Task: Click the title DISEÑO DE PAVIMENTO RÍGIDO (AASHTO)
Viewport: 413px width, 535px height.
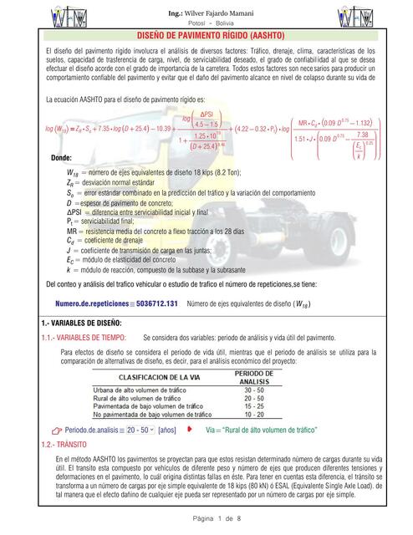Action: point(206,38)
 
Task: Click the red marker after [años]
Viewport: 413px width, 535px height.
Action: point(190,430)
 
